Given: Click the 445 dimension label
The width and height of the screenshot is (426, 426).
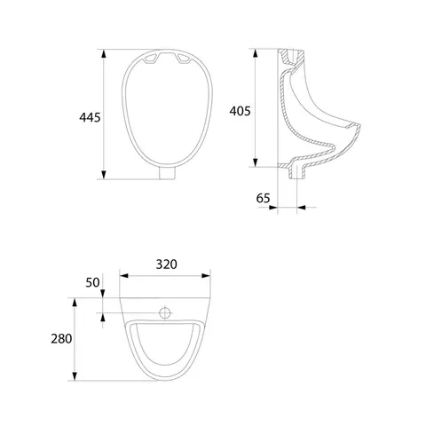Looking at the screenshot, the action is click(90, 117).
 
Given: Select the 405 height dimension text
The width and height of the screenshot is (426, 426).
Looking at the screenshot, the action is click(240, 111).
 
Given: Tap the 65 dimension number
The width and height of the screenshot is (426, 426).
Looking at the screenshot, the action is click(263, 198).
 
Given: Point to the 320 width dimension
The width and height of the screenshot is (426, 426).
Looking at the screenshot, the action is click(167, 264).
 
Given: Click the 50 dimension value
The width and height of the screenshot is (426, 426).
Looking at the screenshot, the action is click(92, 282).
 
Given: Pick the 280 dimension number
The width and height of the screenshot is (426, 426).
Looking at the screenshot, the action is click(61, 339).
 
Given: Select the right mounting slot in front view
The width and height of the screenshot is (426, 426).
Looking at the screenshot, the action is click(184, 59).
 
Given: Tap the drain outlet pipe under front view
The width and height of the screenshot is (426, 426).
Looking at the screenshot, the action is click(167, 173).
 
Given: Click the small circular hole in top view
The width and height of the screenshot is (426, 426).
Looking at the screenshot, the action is click(165, 312).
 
